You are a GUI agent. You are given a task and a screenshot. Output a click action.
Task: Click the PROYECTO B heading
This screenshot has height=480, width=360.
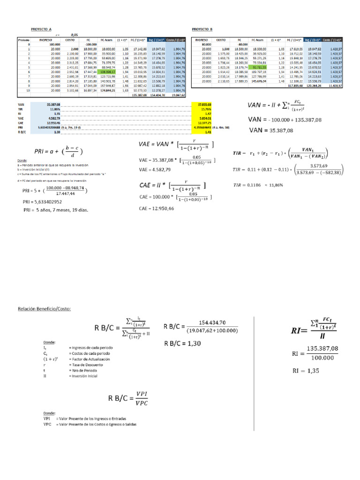coord(202,29)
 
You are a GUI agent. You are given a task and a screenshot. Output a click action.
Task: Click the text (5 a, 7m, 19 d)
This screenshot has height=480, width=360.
coord(82,127)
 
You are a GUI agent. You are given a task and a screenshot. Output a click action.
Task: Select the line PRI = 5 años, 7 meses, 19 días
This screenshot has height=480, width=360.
coord(56,210)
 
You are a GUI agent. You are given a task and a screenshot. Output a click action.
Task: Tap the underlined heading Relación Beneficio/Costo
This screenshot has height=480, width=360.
coord(45,309)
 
